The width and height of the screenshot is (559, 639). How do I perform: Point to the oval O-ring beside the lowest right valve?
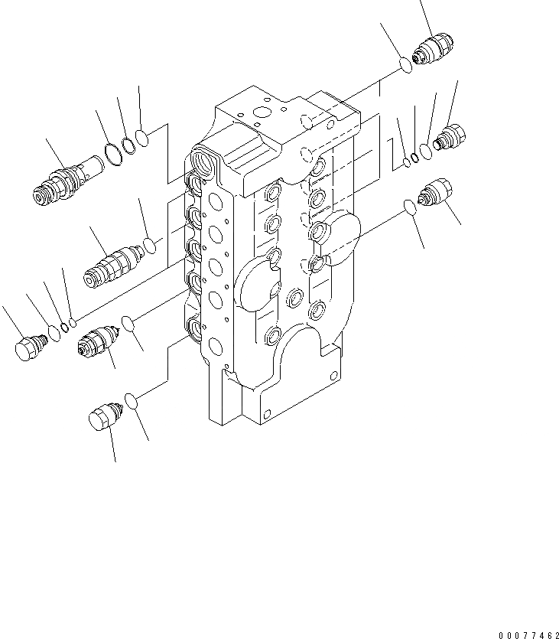410,207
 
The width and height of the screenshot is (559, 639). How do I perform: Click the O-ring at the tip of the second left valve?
151,246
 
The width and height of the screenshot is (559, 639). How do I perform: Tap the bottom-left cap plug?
102,420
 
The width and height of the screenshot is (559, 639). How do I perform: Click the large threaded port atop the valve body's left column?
206,161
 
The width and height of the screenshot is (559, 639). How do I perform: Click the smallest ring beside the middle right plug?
406,161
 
